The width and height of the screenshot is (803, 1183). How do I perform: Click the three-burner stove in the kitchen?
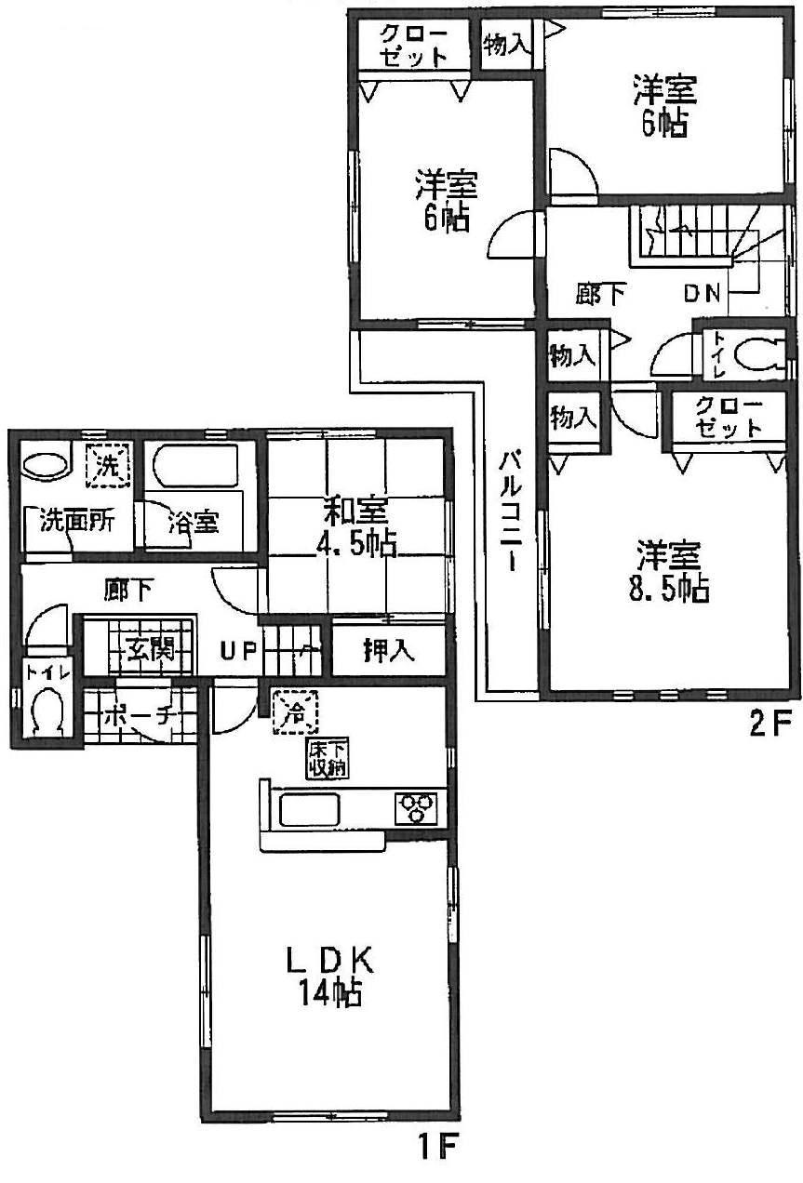click(x=417, y=805)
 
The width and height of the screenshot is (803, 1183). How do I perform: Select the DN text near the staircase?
click(x=703, y=294)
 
